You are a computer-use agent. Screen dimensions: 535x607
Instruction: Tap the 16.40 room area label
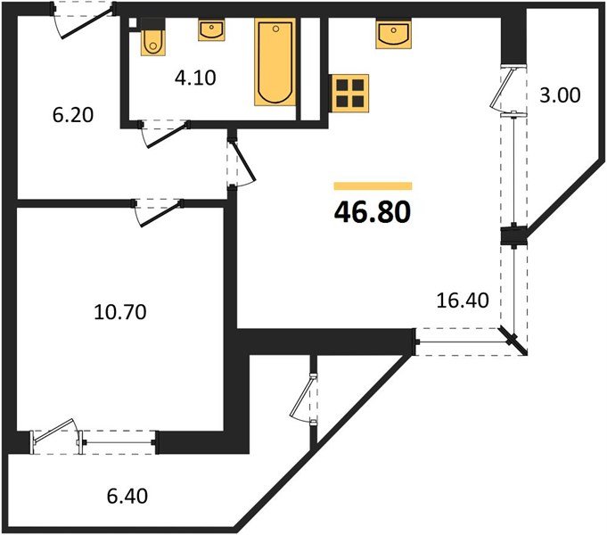(463, 301)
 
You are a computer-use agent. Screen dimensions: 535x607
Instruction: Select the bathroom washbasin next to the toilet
(211, 31)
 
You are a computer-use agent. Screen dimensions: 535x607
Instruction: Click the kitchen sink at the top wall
(393, 36)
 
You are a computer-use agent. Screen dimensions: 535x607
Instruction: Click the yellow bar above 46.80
(373, 186)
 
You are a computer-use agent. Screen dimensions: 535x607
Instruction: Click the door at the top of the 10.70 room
(155, 210)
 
